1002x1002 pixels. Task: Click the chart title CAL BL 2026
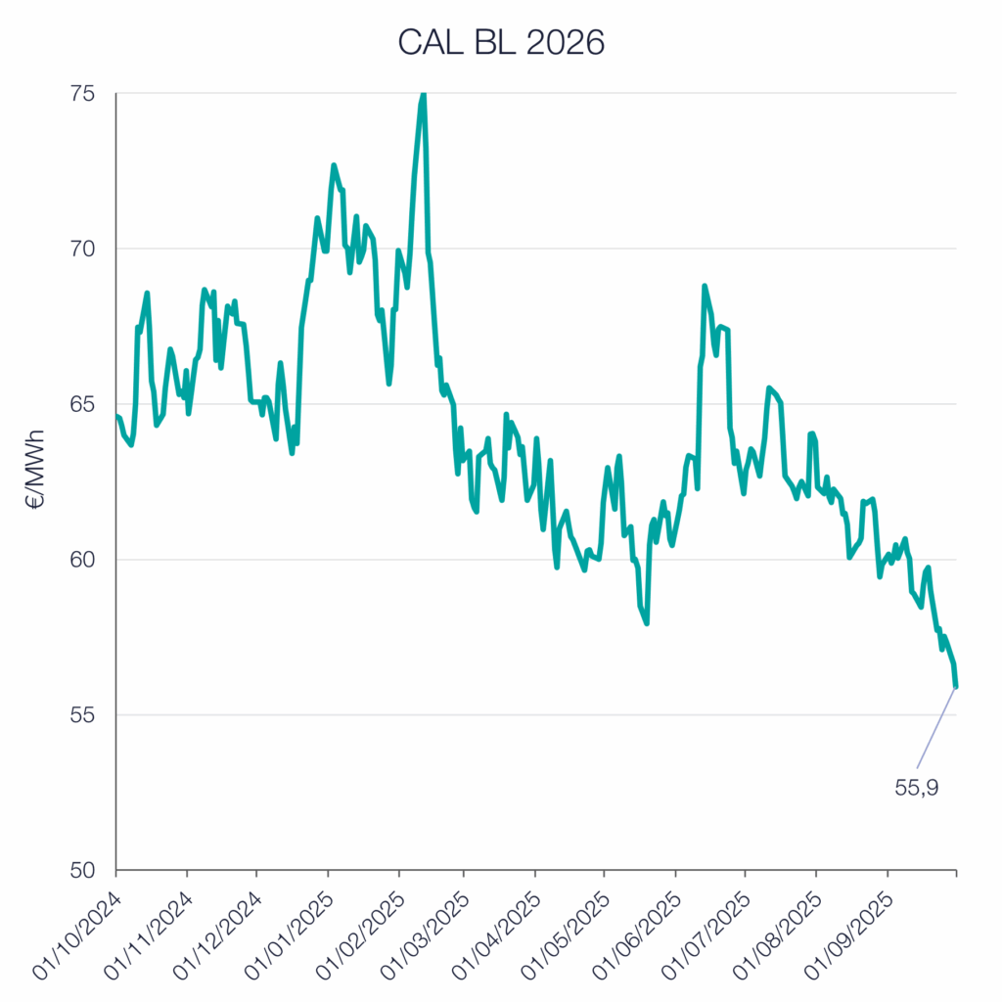tap(501, 41)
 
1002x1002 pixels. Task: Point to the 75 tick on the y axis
tap(82, 94)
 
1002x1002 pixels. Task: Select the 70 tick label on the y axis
tap(82, 249)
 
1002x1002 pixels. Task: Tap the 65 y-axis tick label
tap(82, 404)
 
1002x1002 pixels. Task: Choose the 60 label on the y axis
tap(82, 560)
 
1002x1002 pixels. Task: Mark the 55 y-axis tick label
tap(82, 715)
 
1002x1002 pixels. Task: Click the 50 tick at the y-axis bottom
tap(82, 870)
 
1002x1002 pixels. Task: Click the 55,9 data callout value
tap(917, 787)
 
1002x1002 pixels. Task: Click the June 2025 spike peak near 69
tap(704, 286)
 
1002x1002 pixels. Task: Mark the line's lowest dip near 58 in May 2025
tap(647, 622)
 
